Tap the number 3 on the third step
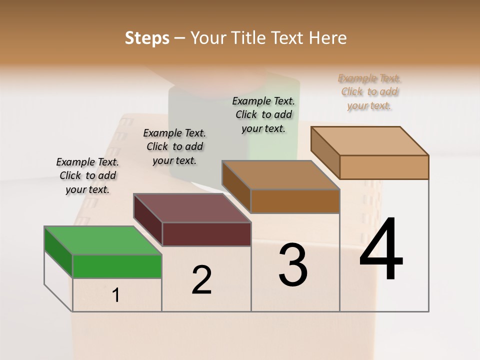293,265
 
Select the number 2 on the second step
201,280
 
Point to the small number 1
116,295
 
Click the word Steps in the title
147,38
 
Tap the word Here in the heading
328,38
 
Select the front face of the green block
117,266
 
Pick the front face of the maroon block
206,234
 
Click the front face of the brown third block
295,201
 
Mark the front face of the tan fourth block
384,167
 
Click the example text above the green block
87,175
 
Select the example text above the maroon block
174,146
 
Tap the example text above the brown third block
263,114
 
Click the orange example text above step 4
369,91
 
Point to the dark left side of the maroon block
148,220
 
